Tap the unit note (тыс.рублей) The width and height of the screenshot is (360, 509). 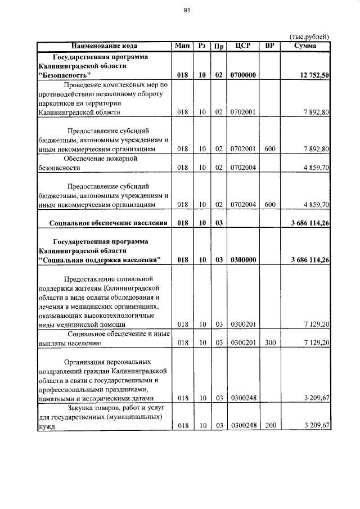(309, 37)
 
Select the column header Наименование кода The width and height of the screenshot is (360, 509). (104, 46)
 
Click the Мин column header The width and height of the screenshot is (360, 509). (182, 46)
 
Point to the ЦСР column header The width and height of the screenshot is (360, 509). (243, 46)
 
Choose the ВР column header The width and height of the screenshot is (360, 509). (270, 46)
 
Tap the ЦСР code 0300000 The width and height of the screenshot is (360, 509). (243, 260)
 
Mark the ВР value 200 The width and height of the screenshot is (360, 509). (270, 425)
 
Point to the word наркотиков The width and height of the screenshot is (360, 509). (58, 103)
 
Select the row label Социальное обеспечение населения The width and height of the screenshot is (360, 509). (108, 223)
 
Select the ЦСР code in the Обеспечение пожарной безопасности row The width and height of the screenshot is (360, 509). (243, 168)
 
